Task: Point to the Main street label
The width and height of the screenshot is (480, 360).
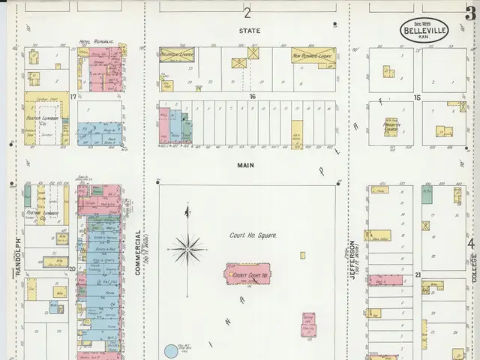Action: click(x=245, y=165)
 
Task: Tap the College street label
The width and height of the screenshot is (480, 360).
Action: click(x=472, y=266)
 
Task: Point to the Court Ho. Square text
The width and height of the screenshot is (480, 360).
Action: click(x=253, y=235)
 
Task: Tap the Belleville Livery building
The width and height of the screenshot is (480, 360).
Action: click(x=177, y=55)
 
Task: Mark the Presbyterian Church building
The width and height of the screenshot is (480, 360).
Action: click(x=391, y=127)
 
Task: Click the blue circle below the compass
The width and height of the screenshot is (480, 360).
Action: click(x=171, y=352)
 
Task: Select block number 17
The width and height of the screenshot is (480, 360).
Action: click(x=73, y=97)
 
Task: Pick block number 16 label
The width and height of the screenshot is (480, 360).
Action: click(x=253, y=97)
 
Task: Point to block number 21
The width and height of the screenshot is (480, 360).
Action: click(x=417, y=275)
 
